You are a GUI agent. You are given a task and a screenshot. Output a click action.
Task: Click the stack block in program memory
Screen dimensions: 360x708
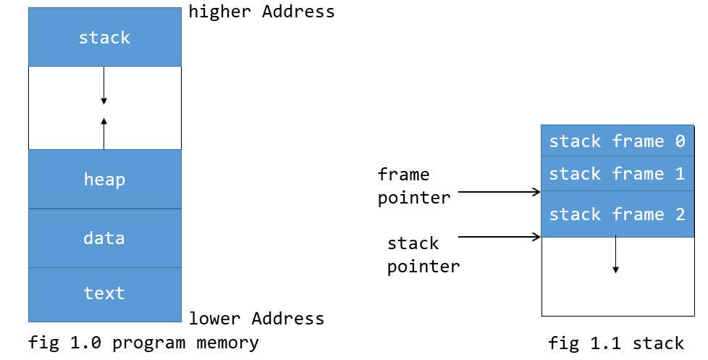[105, 37]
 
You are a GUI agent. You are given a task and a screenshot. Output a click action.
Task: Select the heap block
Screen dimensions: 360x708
[105, 179]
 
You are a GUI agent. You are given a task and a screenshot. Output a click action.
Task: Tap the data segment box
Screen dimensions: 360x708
[105, 238]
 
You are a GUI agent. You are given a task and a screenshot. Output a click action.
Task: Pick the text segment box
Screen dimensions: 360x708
[105, 293]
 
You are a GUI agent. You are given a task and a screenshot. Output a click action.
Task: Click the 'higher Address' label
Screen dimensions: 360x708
[261, 12]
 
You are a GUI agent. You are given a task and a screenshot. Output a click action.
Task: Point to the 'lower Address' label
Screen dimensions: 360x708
[256, 319]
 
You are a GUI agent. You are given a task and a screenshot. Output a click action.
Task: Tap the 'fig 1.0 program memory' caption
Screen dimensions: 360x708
[143, 343]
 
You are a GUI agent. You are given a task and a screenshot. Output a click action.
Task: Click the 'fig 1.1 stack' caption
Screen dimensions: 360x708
[616, 343]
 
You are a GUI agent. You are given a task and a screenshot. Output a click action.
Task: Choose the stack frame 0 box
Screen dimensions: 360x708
[617, 141]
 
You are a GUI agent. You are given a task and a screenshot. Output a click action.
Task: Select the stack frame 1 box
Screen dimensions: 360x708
[617, 174]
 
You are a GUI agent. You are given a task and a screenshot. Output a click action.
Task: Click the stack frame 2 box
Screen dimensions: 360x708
[617, 214]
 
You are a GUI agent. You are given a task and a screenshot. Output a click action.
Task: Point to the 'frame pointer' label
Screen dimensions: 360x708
[413, 186]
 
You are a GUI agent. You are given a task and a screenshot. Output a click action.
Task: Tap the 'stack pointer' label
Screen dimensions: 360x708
[423, 254]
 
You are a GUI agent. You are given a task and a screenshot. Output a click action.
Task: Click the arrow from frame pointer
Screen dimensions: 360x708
[500, 192]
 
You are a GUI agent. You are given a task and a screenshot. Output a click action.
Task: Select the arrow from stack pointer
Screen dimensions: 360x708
[500, 236]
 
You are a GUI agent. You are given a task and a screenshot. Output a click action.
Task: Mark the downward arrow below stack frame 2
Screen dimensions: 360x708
[615, 255]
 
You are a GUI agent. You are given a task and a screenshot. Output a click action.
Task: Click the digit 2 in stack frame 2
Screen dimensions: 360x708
[678, 214]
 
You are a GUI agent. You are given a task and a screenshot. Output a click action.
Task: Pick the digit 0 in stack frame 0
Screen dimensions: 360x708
[679, 141]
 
